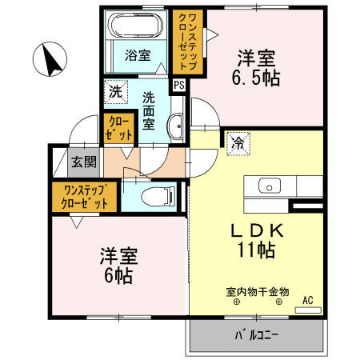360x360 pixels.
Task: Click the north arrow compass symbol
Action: click(x=50, y=60)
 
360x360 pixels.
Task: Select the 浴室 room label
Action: click(x=138, y=55)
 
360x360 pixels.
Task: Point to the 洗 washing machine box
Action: click(x=115, y=91)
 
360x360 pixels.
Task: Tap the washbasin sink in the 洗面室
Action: click(x=177, y=124)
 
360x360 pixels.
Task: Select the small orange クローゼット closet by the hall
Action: click(x=116, y=128)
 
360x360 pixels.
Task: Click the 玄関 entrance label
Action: click(x=83, y=162)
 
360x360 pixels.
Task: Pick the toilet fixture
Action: click(x=153, y=194)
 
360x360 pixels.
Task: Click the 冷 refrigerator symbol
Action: click(x=238, y=144)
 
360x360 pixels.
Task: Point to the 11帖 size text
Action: click(x=256, y=250)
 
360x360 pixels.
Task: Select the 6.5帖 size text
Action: click(x=255, y=78)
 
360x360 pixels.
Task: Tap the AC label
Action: click(x=307, y=302)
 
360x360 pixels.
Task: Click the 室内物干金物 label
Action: click(x=257, y=292)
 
